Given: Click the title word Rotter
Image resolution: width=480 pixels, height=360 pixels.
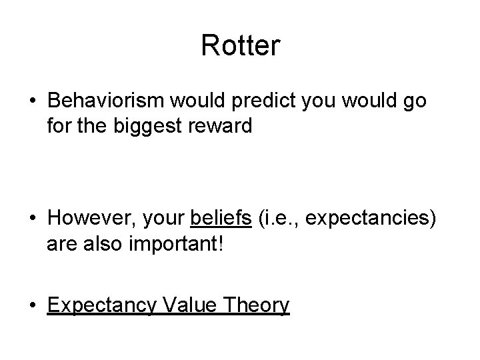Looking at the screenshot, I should click(x=240, y=46).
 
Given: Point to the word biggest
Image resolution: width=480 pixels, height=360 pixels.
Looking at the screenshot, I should click(x=142, y=126).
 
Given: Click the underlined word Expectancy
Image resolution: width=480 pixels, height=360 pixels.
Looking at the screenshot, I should click(x=102, y=305).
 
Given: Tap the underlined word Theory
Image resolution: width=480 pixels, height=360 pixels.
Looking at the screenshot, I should click(x=257, y=305).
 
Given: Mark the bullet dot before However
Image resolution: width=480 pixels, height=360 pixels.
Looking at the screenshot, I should click(x=32, y=219).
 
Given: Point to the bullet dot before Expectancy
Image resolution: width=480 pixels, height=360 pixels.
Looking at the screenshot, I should click(x=32, y=305).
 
